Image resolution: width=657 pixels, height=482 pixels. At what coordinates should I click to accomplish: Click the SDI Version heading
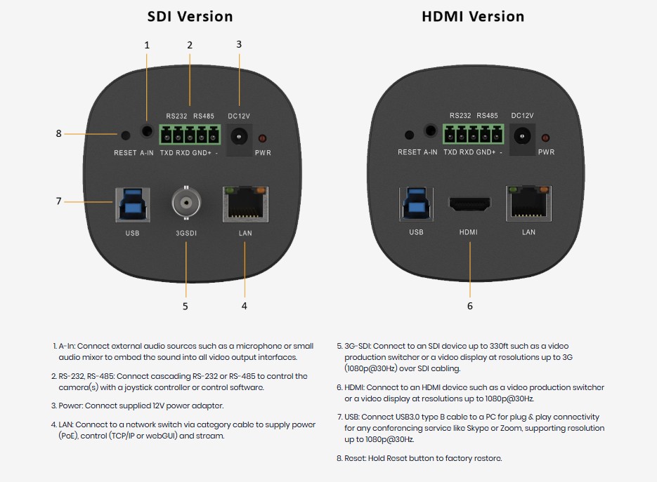190,16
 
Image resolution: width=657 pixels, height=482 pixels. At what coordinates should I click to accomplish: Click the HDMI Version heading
473,16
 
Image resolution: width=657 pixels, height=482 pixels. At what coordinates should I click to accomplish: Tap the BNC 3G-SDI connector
186,203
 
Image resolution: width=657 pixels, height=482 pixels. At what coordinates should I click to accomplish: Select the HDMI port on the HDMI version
469,204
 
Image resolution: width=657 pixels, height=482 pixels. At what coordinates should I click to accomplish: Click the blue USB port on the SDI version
132,205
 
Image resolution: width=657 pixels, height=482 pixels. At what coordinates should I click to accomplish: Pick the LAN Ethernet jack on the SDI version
245,204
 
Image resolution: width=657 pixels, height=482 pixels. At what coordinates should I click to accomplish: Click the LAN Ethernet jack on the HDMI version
529,203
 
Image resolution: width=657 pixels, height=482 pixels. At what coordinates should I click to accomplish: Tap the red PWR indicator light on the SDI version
262,138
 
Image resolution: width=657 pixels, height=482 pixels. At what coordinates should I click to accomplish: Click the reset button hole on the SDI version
125,135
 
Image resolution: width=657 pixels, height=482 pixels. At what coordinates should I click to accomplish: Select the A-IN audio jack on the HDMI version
430,130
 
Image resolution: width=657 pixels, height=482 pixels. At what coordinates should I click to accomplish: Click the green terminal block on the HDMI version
474,134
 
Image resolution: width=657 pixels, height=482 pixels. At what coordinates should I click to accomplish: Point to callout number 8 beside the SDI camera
58,133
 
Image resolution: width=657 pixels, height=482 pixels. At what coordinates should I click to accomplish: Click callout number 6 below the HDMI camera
469,306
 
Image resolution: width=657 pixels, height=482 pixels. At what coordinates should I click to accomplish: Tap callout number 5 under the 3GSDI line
186,307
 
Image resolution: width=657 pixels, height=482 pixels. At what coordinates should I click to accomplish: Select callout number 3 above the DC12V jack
239,44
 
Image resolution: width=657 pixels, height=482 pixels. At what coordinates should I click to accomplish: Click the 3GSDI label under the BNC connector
186,233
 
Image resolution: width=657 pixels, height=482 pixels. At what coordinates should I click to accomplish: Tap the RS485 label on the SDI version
204,116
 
